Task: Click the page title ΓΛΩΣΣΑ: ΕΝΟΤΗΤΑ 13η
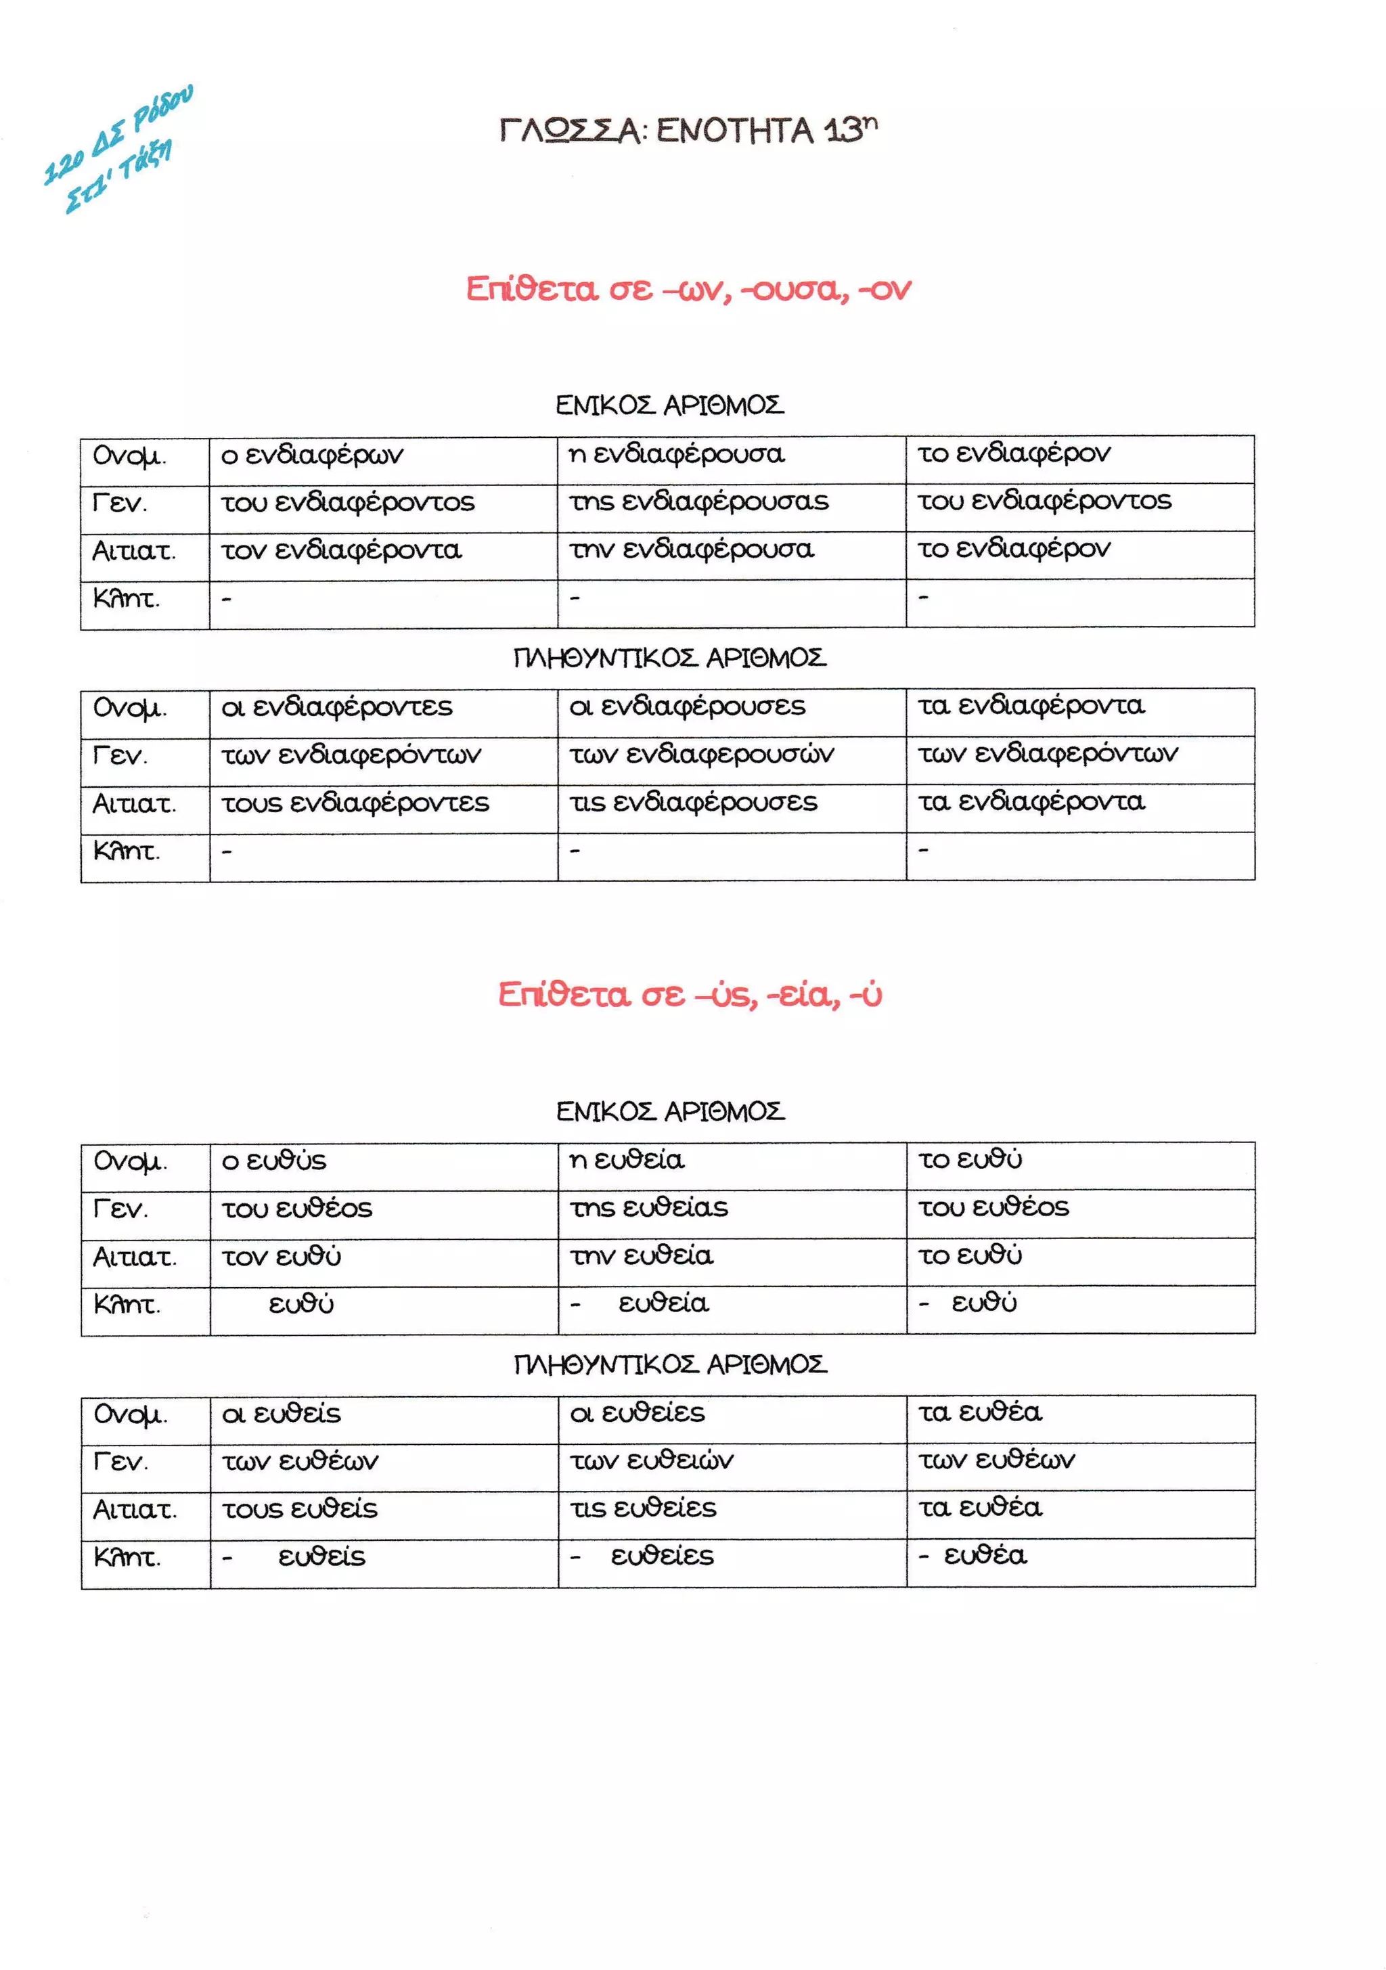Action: [688, 131]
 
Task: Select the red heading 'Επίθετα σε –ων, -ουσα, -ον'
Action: [688, 289]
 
